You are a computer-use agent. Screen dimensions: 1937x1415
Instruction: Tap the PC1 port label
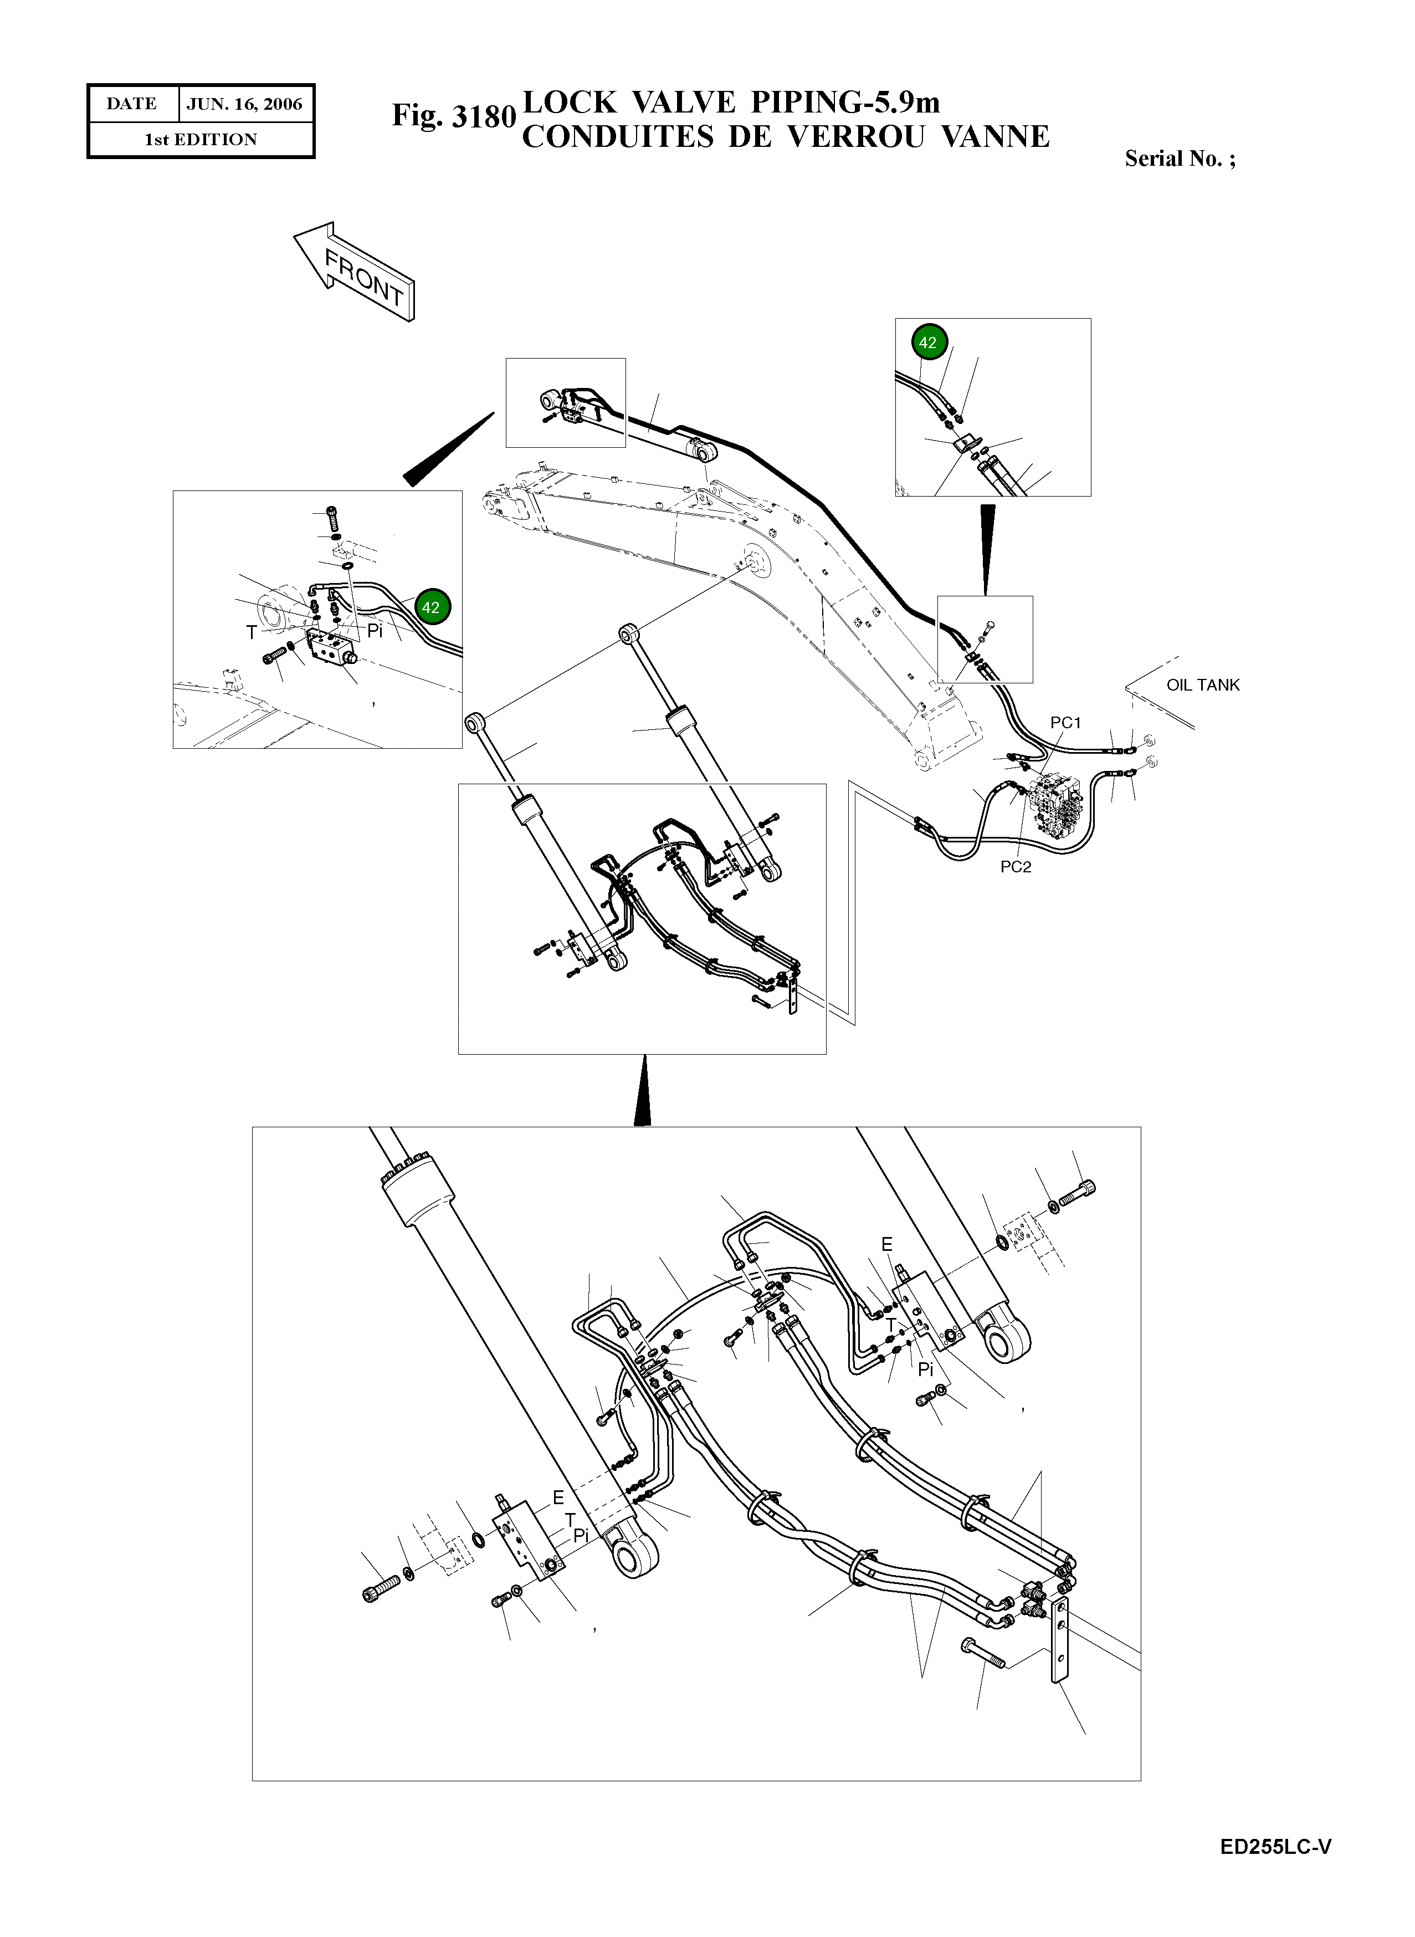coord(1065,722)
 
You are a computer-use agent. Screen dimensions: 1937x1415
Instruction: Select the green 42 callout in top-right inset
coord(927,343)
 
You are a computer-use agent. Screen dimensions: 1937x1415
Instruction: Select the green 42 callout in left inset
coord(431,607)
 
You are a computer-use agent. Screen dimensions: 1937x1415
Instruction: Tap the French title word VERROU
coord(855,137)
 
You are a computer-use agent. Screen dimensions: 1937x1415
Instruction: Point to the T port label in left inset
coord(251,632)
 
